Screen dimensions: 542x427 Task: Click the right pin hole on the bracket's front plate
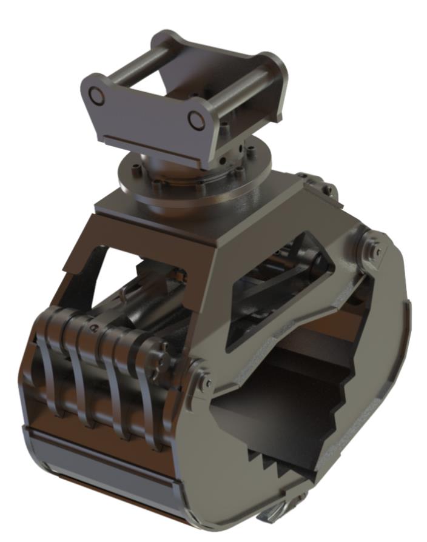pos(195,120)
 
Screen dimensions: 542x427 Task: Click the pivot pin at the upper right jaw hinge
pos(372,247)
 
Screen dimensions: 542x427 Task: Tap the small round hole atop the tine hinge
pos(93,328)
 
